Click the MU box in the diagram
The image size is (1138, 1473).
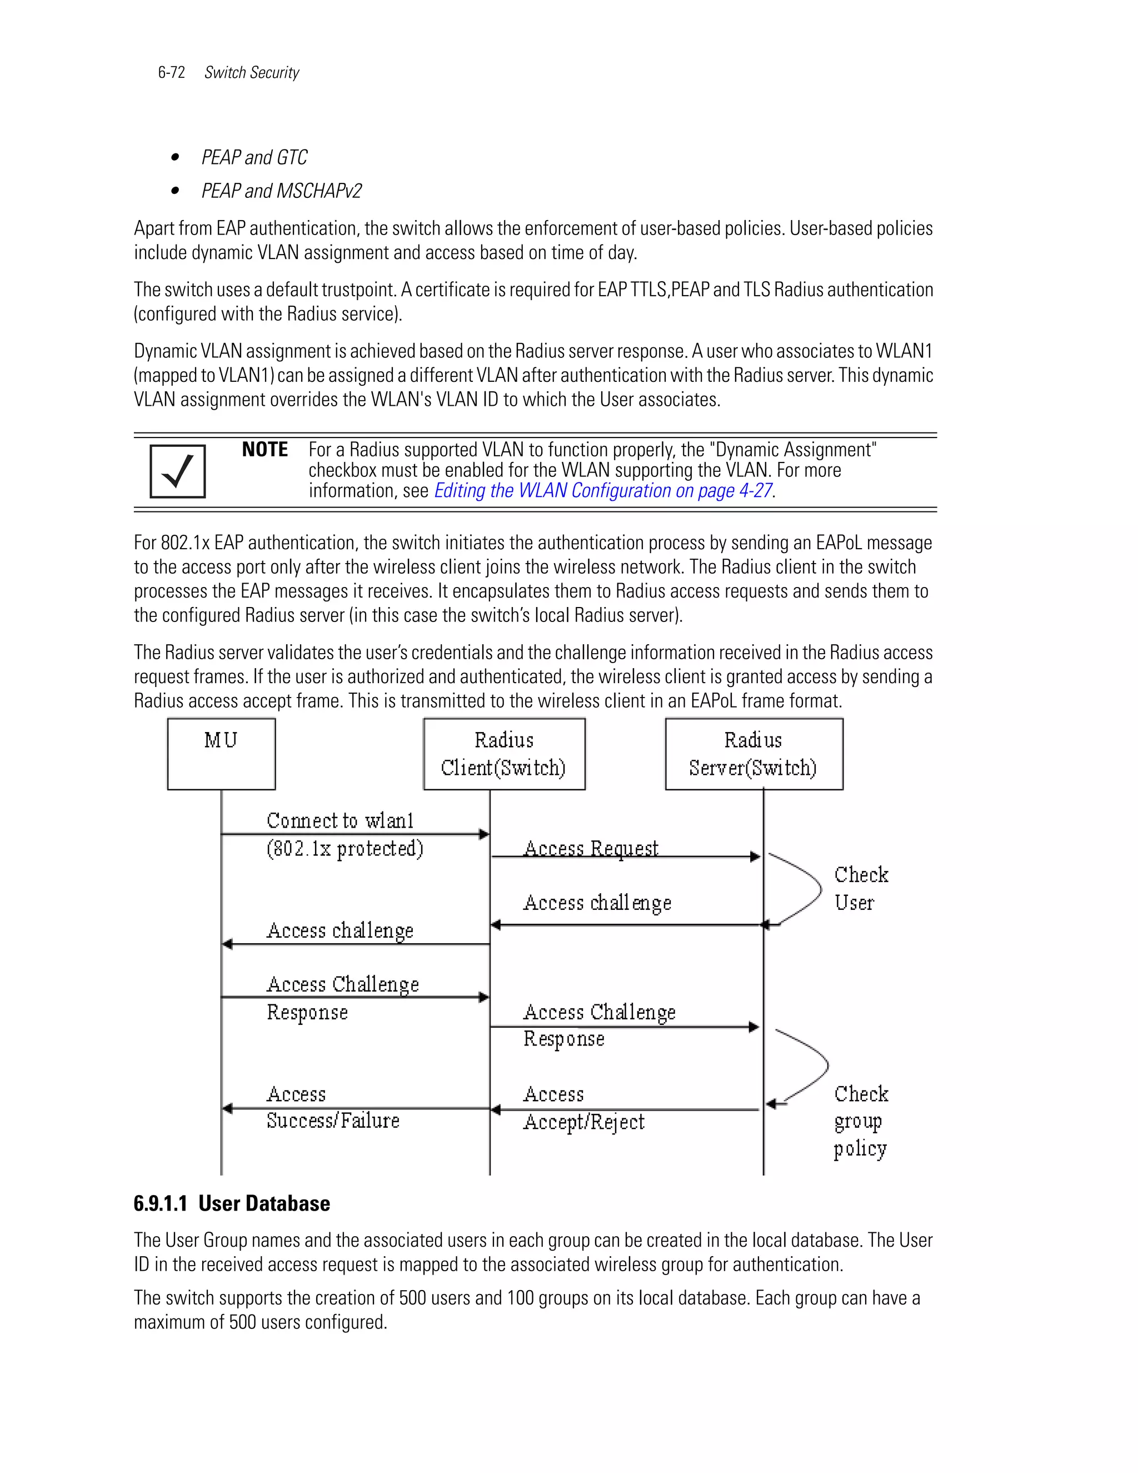(221, 753)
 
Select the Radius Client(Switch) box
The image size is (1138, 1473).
(503, 753)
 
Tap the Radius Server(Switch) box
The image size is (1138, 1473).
(753, 753)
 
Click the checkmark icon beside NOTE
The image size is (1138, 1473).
(177, 471)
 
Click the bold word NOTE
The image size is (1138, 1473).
(265, 450)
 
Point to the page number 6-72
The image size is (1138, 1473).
(171, 73)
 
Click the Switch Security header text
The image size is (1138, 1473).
(252, 73)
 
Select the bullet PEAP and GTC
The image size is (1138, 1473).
(254, 158)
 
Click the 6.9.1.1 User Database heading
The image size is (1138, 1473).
(232, 1204)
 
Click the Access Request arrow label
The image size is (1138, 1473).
(591, 848)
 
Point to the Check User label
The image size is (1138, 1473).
(860, 888)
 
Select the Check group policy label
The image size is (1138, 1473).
(860, 1121)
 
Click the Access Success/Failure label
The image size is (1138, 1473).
(332, 1107)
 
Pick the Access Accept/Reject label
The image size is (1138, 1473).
(583, 1108)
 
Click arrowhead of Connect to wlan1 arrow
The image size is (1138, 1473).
(483, 834)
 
